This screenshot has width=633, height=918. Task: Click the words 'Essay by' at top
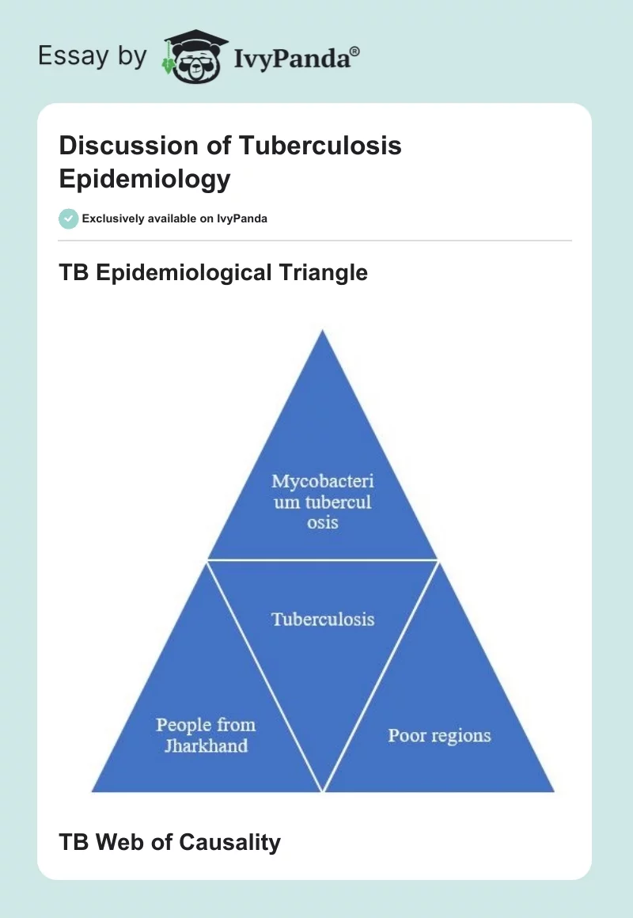pyautogui.click(x=93, y=56)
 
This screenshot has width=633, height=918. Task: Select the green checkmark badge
pyautogui.click(x=69, y=218)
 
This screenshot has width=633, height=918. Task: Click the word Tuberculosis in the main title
pyautogui.click(x=320, y=146)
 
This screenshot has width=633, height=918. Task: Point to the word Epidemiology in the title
pyautogui.click(x=145, y=179)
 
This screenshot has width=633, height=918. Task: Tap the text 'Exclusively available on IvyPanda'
pyautogui.click(x=174, y=218)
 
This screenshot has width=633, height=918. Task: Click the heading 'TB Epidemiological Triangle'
pyautogui.click(x=213, y=273)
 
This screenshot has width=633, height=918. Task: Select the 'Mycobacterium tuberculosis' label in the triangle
pyautogui.click(x=322, y=501)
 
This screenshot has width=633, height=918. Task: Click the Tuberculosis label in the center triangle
pyautogui.click(x=323, y=619)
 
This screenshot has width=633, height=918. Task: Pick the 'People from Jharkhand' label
pyautogui.click(x=206, y=735)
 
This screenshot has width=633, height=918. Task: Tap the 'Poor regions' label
pyautogui.click(x=439, y=735)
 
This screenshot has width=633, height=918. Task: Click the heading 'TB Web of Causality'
pyautogui.click(x=169, y=842)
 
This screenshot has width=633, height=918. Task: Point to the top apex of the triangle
pyautogui.click(x=322, y=331)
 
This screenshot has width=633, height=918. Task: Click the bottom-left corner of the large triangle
pyautogui.click(x=93, y=791)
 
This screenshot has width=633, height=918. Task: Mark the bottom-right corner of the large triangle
pyautogui.click(x=553, y=791)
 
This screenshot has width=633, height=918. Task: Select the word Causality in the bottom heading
pyautogui.click(x=229, y=842)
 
